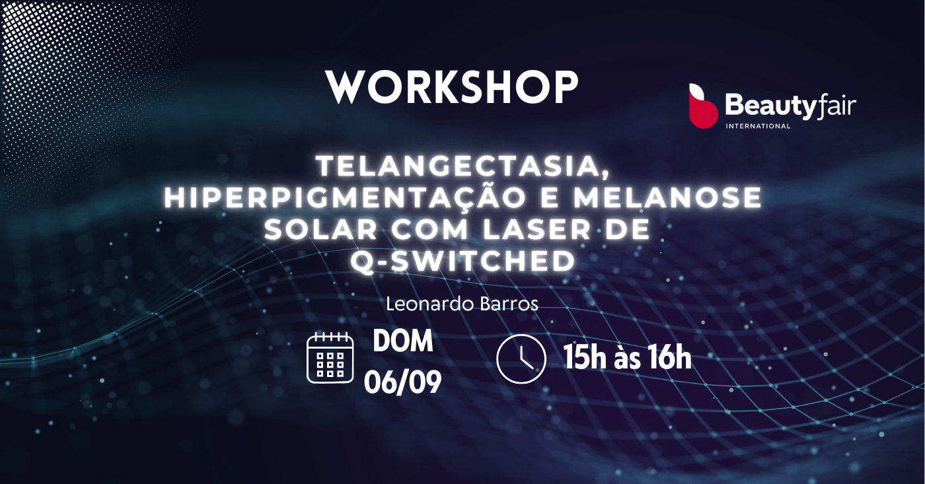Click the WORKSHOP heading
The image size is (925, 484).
[x=452, y=87]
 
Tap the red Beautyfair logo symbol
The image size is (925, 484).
[x=703, y=106]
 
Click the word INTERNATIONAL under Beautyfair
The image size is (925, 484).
[x=758, y=126]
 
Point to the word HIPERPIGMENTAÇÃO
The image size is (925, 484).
[x=345, y=197]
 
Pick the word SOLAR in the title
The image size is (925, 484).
[x=321, y=229]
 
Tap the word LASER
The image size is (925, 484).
[x=536, y=229]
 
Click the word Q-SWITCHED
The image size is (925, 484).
[x=463, y=261]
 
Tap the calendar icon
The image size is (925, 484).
[x=330, y=357]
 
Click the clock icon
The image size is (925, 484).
[x=521, y=359]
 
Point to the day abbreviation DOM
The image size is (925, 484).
[x=402, y=341]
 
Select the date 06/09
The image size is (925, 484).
[x=402, y=382]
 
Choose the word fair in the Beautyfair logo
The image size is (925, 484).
[x=836, y=106]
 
